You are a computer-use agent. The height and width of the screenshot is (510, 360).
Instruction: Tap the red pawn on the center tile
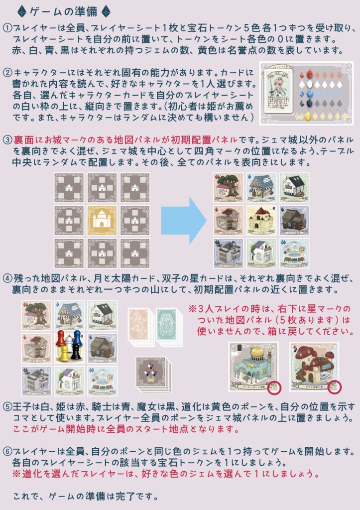coord(60,338)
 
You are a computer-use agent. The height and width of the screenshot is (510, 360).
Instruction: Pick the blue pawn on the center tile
coord(77,338)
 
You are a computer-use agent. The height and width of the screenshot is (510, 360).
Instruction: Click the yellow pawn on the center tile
coord(64,353)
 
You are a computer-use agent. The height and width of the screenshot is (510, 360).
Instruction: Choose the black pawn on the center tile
coord(76,352)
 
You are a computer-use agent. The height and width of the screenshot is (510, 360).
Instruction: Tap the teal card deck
coord(169,326)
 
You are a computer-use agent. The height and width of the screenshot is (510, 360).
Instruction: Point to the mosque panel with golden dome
coord(253,367)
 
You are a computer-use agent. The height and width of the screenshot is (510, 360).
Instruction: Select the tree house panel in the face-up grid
coord(228,187)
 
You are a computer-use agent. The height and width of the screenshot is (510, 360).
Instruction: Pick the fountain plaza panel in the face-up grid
coord(294,253)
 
